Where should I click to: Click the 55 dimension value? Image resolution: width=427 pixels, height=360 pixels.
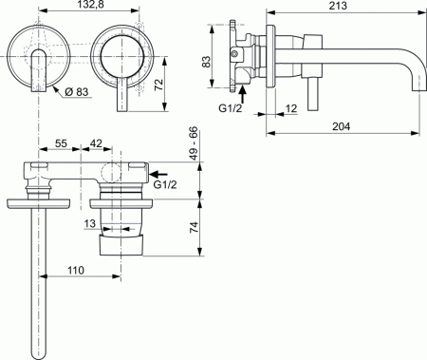[x=61, y=142]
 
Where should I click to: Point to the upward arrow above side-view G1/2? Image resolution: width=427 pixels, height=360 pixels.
[x=243, y=92]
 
